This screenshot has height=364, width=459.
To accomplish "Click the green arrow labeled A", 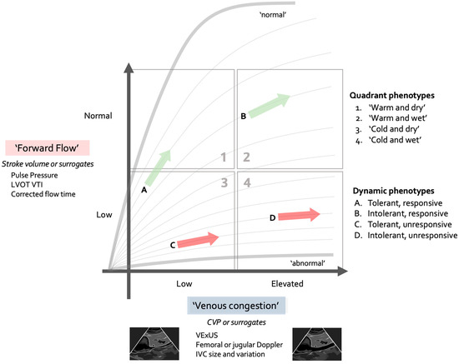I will pyautogui.click(x=159, y=167).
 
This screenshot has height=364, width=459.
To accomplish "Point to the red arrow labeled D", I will pyautogui.click(x=299, y=216).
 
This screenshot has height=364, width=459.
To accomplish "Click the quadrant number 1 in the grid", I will pyautogui.click(x=222, y=157).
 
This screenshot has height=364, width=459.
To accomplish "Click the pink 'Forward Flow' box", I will pyautogui.click(x=47, y=149).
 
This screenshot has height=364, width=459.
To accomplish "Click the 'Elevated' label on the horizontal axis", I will pyautogui.click(x=289, y=283).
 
